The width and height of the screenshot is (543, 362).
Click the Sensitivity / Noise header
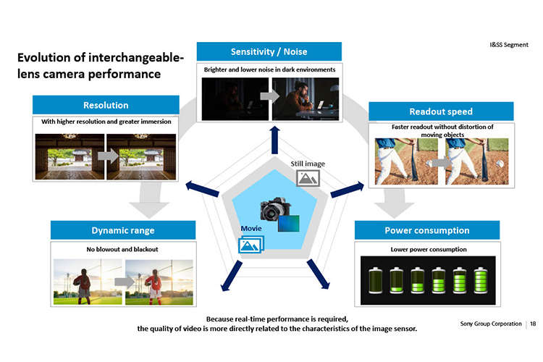pos(269,51)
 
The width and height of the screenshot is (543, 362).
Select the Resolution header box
pos(106,105)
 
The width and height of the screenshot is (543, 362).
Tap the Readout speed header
pos(441,111)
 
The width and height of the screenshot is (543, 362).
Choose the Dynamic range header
pos(123,230)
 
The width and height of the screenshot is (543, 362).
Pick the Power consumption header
pos(427,230)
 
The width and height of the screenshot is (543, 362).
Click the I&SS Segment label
pos(509,45)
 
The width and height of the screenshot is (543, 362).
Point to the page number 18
pos(533,324)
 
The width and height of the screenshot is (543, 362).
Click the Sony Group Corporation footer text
pos(491,324)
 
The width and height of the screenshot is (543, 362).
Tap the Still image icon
pos(308,178)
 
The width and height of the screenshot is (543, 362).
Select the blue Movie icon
pos(251,244)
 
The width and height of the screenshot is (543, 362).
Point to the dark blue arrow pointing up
pos(275,140)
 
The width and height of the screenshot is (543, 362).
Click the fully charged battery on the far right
pos(481,280)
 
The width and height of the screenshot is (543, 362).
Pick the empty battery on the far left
pos(375,280)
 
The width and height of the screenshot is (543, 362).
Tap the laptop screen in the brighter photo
pos(321,104)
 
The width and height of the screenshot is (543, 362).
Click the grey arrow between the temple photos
pos(108,156)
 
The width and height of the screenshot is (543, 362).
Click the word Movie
pos(251,228)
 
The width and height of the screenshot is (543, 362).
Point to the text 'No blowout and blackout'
pos(122,249)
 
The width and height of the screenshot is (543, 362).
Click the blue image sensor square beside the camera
pos(288,223)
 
